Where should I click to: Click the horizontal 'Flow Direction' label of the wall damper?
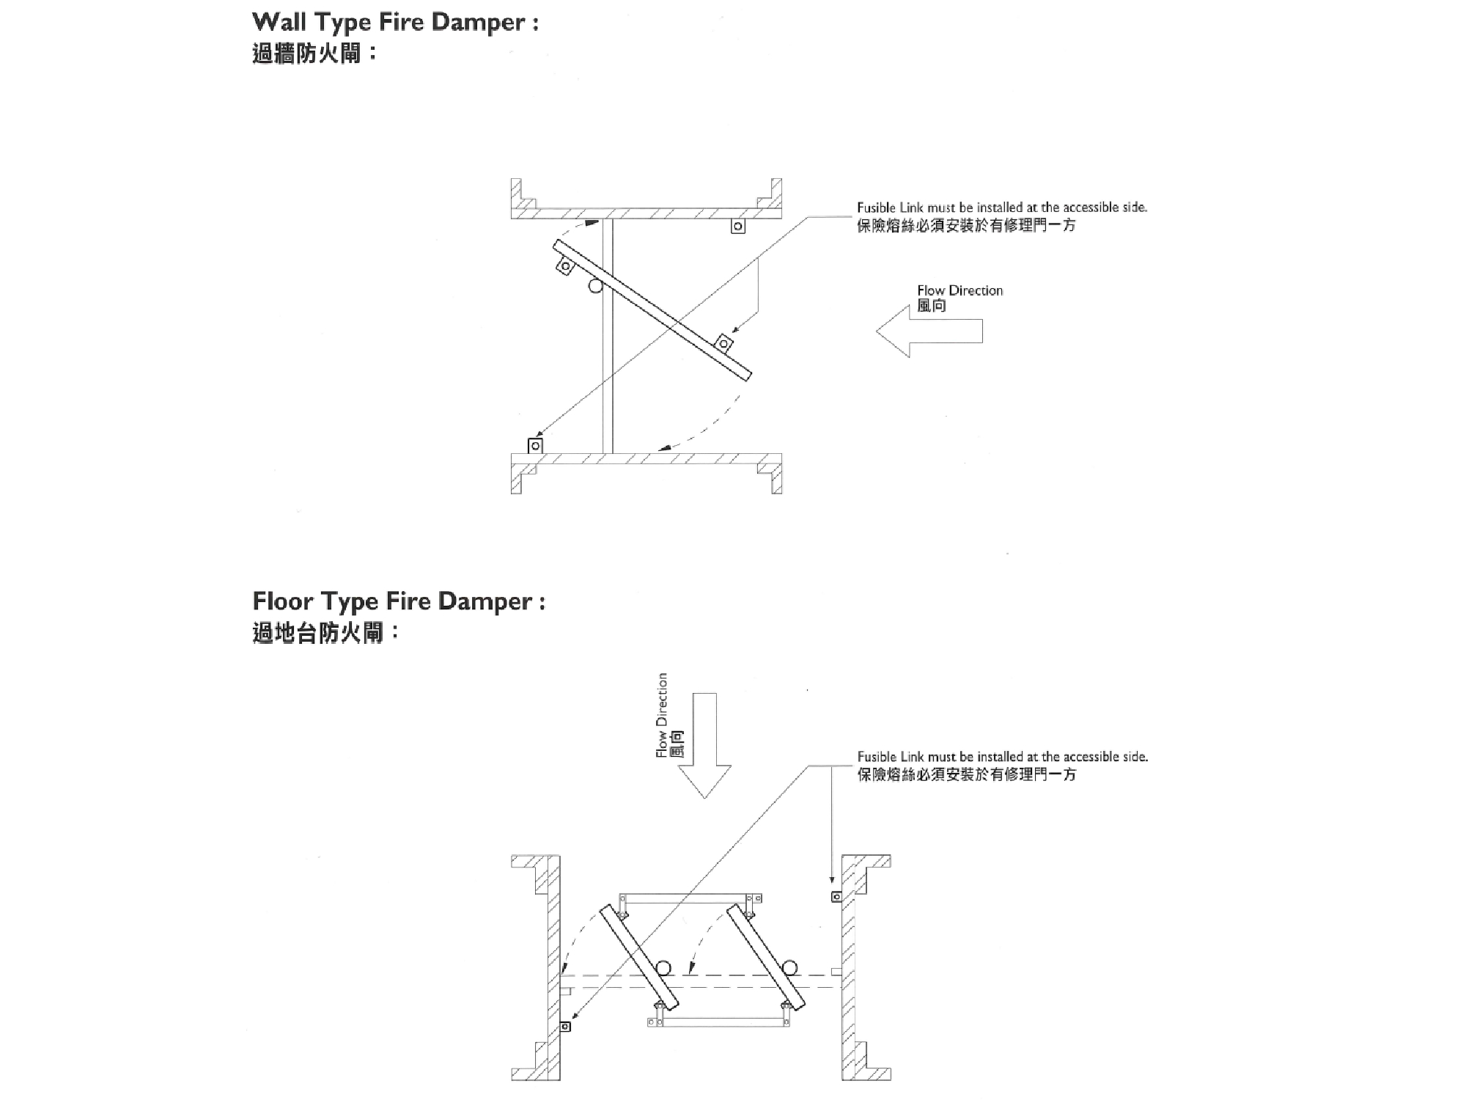pyautogui.click(x=959, y=290)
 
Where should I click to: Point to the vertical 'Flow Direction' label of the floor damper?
pyautogui.click(x=663, y=715)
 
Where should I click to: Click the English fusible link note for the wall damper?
pyautogui.click(x=1002, y=208)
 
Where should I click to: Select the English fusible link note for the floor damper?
pyautogui.click(x=1002, y=756)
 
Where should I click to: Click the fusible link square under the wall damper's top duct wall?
pyautogui.click(x=738, y=227)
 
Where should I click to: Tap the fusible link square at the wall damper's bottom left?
pyautogui.click(x=536, y=446)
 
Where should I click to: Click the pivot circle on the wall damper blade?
pyautogui.click(x=595, y=285)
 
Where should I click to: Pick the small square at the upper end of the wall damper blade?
pyautogui.click(x=564, y=266)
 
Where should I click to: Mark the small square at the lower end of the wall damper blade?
pyautogui.click(x=724, y=343)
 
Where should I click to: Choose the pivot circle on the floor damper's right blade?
pyautogui.click(x=789, y=967)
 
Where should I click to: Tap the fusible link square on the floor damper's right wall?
pyautogui.click(x=836, y=896)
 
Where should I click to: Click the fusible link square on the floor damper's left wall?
pyautogui.click(x=565, y=1027)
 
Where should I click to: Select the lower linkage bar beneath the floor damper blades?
pyautogui.click(x=719, y=1022)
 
